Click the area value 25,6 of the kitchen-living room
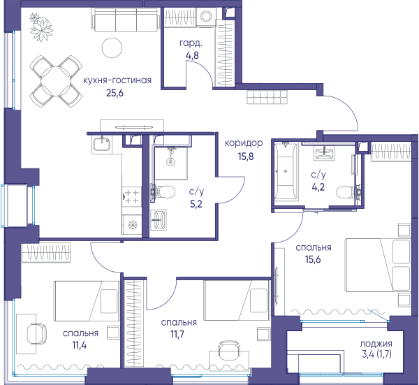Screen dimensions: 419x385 115,93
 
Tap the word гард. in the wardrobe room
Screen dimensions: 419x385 191,43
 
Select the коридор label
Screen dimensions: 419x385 244,143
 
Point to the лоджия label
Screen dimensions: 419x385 376,344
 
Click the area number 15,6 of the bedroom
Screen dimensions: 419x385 313,259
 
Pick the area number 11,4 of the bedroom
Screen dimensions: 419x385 80,345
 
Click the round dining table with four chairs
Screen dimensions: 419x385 56,81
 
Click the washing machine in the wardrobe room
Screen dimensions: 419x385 206,17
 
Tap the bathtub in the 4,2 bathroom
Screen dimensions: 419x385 286,171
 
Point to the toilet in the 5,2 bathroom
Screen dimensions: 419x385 163,191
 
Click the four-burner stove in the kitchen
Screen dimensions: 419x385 132,196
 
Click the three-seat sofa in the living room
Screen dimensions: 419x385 126,20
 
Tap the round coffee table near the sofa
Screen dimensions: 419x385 112,48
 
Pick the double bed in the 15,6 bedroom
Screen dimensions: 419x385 378,265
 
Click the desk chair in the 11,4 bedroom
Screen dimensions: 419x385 37,333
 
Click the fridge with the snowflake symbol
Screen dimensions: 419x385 132,225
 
